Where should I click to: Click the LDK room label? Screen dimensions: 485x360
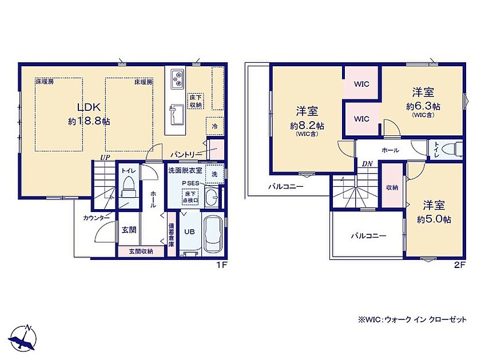point(89,107)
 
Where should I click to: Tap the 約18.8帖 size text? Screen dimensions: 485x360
point(89,121)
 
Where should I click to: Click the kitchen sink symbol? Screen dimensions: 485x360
point(176,114)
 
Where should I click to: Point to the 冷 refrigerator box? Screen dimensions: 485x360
point(214,126)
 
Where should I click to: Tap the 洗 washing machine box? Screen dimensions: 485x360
point(214,174)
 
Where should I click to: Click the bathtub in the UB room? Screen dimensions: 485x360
point(213,234)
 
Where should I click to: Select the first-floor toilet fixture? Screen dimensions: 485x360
point(128,187)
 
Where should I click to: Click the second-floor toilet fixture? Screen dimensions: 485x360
point(452,150)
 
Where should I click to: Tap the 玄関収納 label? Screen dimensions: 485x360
point(141,251)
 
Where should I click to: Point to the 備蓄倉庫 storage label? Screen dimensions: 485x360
point(171,235)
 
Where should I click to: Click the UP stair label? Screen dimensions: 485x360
point(105,157)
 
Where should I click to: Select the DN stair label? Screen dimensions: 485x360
point(367,164)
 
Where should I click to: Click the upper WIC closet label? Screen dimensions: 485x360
point(361,84)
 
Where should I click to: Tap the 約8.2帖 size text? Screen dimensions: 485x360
point(307,126)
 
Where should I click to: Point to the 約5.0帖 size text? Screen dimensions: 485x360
point(434,219)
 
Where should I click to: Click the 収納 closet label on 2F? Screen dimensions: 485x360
point(392,187)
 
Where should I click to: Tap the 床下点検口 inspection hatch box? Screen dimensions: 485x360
point(190,197)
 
